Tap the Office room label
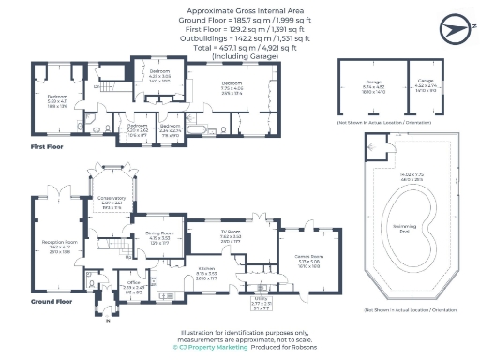134,280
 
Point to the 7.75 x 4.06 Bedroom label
206,82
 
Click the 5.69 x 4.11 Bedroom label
58,97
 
